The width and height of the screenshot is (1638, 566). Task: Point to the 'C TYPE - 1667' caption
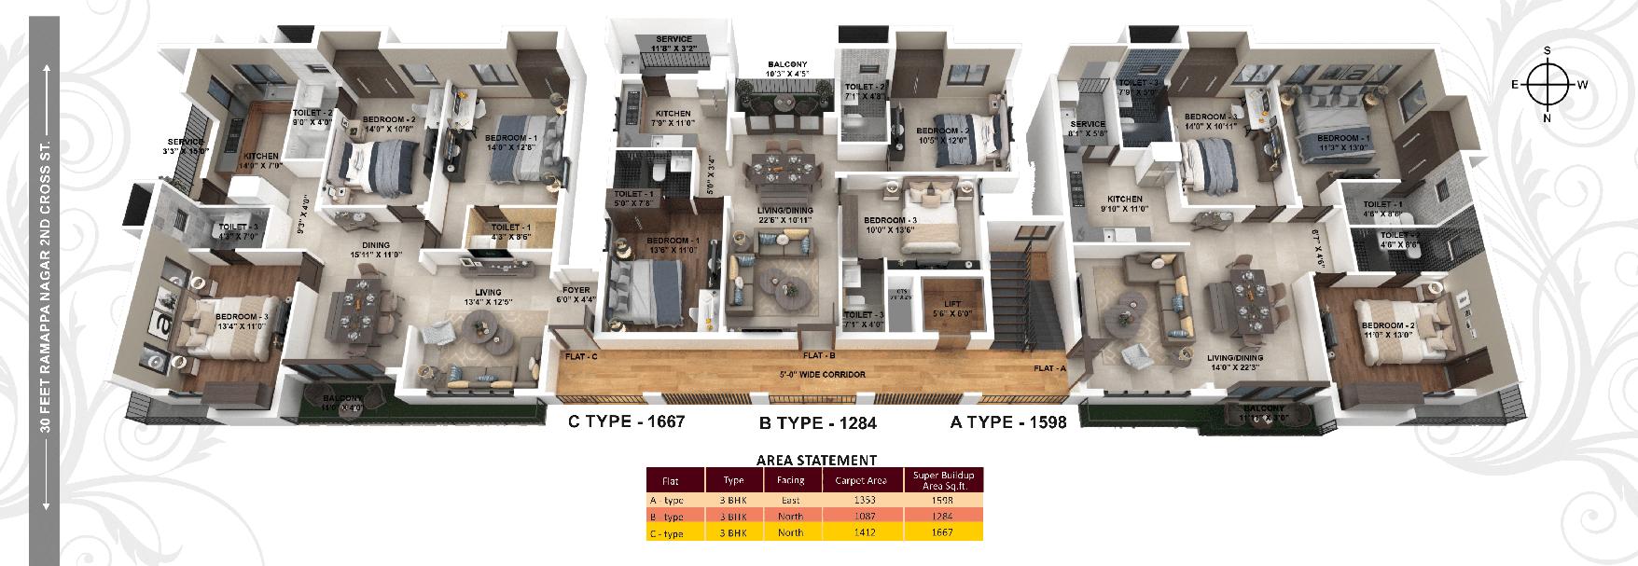tap(627, 421)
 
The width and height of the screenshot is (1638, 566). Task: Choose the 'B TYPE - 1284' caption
tap(818, 422)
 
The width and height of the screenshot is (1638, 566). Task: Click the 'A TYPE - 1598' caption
tap(1007, 421)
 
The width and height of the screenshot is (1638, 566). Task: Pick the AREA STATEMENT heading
tap(815, 459)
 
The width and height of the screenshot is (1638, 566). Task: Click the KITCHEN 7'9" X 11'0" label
tap(672, 117)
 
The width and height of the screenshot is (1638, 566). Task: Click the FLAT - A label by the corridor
tap(1048, 368)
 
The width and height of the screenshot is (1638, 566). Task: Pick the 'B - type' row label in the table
tap(667, 516)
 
